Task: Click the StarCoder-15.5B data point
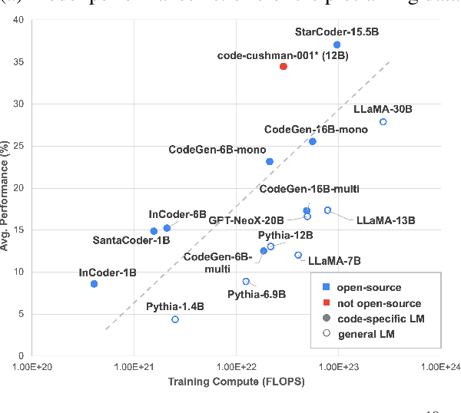point(337,45)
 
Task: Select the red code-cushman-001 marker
point(284,67)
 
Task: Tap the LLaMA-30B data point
point(383,122)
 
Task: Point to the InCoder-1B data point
point(94,284)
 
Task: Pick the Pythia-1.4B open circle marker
point(175,319)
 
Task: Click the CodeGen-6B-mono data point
point(270,161)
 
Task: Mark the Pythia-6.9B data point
point(246,282)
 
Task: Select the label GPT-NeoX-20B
point(247,219)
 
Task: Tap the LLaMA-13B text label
point(386,220)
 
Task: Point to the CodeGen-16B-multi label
point(310,190)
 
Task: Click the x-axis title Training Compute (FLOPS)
point(235,382)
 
